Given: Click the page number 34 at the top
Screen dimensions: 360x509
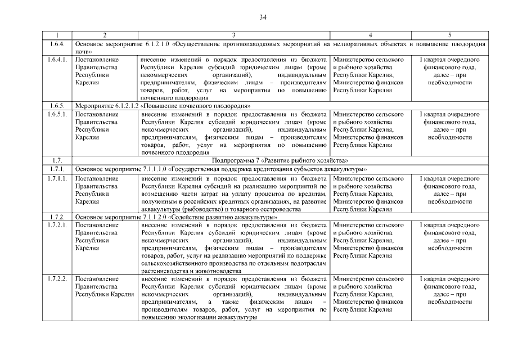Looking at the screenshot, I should pos(263,17).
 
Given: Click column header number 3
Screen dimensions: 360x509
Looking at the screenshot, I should pos(233,35).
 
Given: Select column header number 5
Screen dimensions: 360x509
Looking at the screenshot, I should pos(449,35).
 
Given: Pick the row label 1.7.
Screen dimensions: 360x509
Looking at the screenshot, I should pos(55,160).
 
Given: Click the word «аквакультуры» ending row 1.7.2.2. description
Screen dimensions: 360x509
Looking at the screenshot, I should pos(239,317).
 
